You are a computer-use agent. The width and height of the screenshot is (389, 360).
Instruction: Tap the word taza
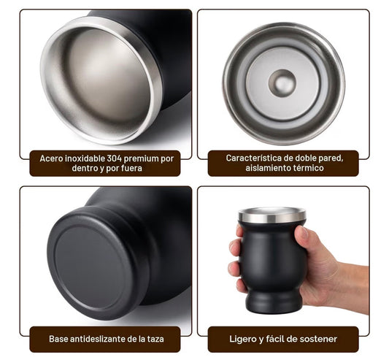tap(155, 339)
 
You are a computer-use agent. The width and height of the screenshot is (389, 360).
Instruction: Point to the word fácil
tap(275, 339)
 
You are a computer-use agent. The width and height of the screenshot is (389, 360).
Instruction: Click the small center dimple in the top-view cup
tap(282, 83)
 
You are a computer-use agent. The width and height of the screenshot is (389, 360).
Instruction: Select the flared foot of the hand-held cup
tap(273, 301)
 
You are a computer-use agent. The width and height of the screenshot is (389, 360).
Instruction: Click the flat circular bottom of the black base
tap(90, 267)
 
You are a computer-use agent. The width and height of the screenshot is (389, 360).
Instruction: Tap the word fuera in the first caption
tap(131, 169)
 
